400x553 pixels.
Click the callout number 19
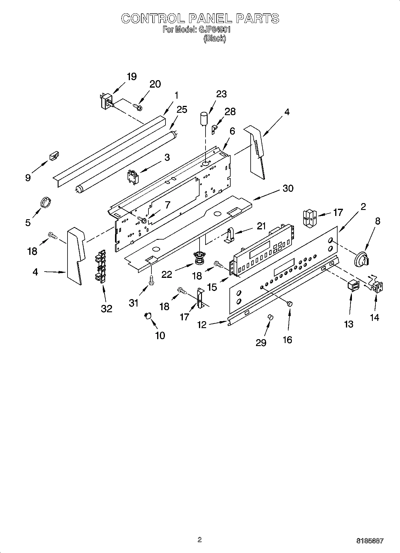pyautogui.click(x=131, y=77)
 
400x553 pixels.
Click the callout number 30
pyautogui.click(x=288, y=188)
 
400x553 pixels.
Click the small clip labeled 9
pyautogui.click(x=54, y=156)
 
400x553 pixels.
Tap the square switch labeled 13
pyautogui.click(x=353, y=285)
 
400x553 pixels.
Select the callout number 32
pyautogui.click(x=106, y=308)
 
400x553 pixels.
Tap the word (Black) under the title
pyautogui.click(x=215, y=39)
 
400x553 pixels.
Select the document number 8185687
pyautogui.click(x=370, y=541)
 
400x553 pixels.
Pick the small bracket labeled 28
pyautogui.click(x=214, y=130)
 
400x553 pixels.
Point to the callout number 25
pyautogui.click(x=182, y=109)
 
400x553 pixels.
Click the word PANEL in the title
pyautogui.click(x=210, y=19)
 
